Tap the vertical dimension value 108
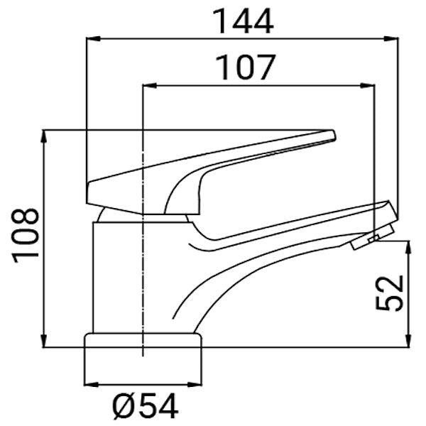click(26, 236)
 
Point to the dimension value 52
click(390, 293)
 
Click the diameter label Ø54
click(145, 407)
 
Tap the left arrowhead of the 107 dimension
click(148, 87)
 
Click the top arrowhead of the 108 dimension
click(45, 135)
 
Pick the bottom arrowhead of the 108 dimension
click(45, 342)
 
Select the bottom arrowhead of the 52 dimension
click(408, 342)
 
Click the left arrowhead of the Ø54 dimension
click(89, 384)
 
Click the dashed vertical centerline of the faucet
click(143, 284)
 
